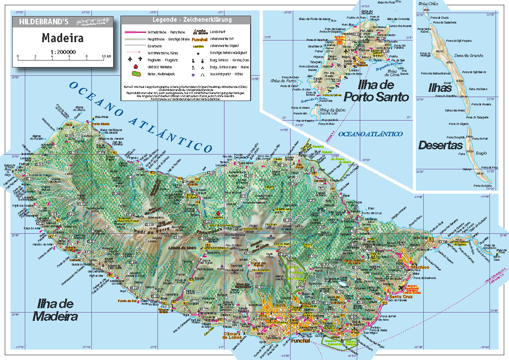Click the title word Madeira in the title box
click(x=63, y=38)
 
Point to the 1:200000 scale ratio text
click(x=63, y=52)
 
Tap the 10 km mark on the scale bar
click(x=106, y=57)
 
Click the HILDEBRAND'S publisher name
click(x=40, y=20)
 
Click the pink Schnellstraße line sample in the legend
click(x=135, y=32)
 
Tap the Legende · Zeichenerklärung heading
click(x=186, y=20)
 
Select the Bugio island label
click(x=481, y=153)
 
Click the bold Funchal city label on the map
click(x=301, y=341)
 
